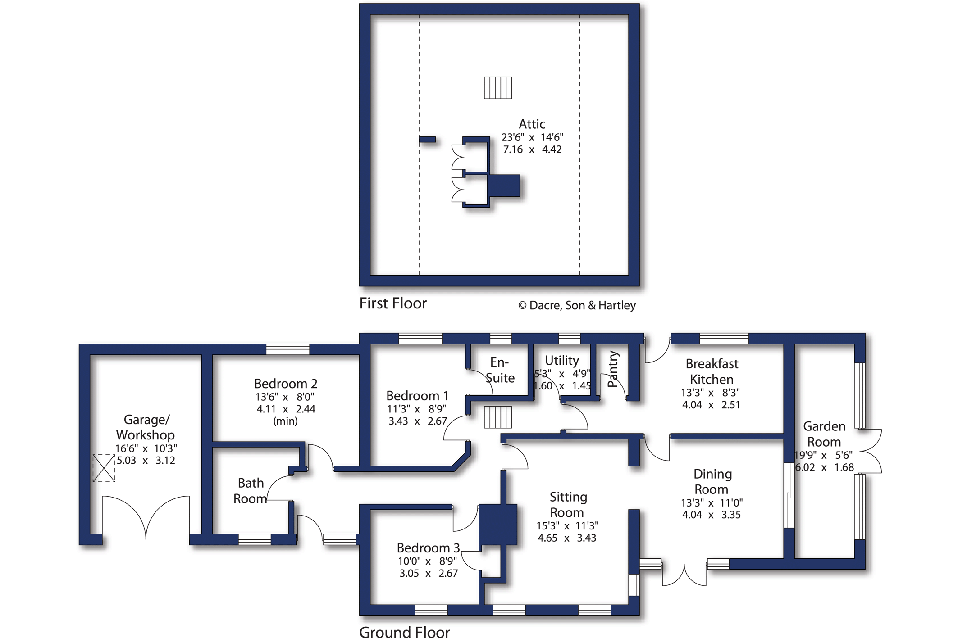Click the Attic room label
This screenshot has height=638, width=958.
532,124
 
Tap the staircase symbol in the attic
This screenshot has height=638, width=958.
498,87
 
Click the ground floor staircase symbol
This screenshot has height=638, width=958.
498,417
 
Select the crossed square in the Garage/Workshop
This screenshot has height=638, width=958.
104,468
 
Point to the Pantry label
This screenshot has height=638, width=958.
612,369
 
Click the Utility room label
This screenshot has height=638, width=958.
562,360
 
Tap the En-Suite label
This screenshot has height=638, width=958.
500,370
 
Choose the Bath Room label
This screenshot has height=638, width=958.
251,491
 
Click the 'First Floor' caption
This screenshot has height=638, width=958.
393,303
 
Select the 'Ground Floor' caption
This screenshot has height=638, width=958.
405,632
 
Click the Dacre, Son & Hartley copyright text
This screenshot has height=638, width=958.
577,305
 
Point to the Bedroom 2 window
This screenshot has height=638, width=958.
287,349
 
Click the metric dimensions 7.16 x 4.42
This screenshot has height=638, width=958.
532,149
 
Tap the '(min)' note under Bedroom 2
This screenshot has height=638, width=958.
285,421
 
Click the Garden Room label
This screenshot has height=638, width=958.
824,434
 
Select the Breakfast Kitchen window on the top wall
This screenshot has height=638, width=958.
724,338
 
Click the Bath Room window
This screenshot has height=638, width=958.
254,539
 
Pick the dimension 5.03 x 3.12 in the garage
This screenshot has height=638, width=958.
146,461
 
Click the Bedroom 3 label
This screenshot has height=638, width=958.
428,548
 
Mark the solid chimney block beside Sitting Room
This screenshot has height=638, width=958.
497,525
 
